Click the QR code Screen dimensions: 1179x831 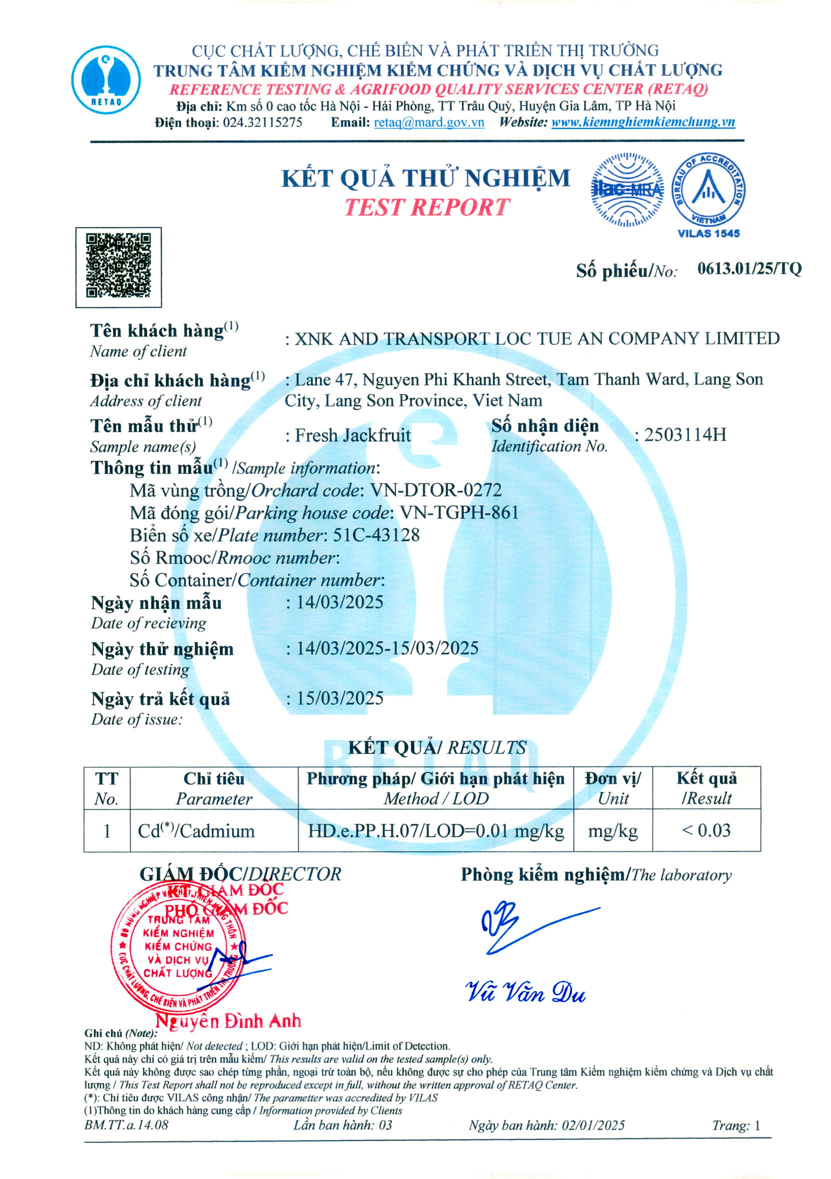click(x=118, y=267)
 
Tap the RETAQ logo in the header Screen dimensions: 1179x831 click(x=106, y=79)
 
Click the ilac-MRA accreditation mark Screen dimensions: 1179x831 click(x=626, y=190)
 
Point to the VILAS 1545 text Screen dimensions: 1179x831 click(x=709, y=233)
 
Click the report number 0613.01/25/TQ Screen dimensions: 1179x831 click(x=749, y=268)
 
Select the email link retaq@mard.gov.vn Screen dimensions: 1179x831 click(x=429, y=123)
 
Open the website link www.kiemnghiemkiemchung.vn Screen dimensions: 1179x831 click(x=643, y=123)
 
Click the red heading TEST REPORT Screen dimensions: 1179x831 click(x=426, y=207)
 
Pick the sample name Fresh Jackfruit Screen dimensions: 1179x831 click(x=353, y=435)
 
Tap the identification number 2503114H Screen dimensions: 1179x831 click(x=685, y=435)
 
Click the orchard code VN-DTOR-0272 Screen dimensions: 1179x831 click(x=436, y=490)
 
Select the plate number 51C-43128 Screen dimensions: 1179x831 click(x=376, y=535)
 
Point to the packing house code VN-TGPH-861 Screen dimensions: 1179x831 click(x=459, y=513)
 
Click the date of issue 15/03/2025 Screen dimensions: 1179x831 click(x=340, y=698)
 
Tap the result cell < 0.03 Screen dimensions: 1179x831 click(x=706, y=830)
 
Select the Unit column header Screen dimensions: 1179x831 click(x=612, y=788)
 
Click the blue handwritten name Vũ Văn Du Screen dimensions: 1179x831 click(x=525, y=992)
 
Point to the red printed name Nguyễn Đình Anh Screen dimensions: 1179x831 click(x=228, y=1021)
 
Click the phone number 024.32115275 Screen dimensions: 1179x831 click(x=262, y=123)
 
